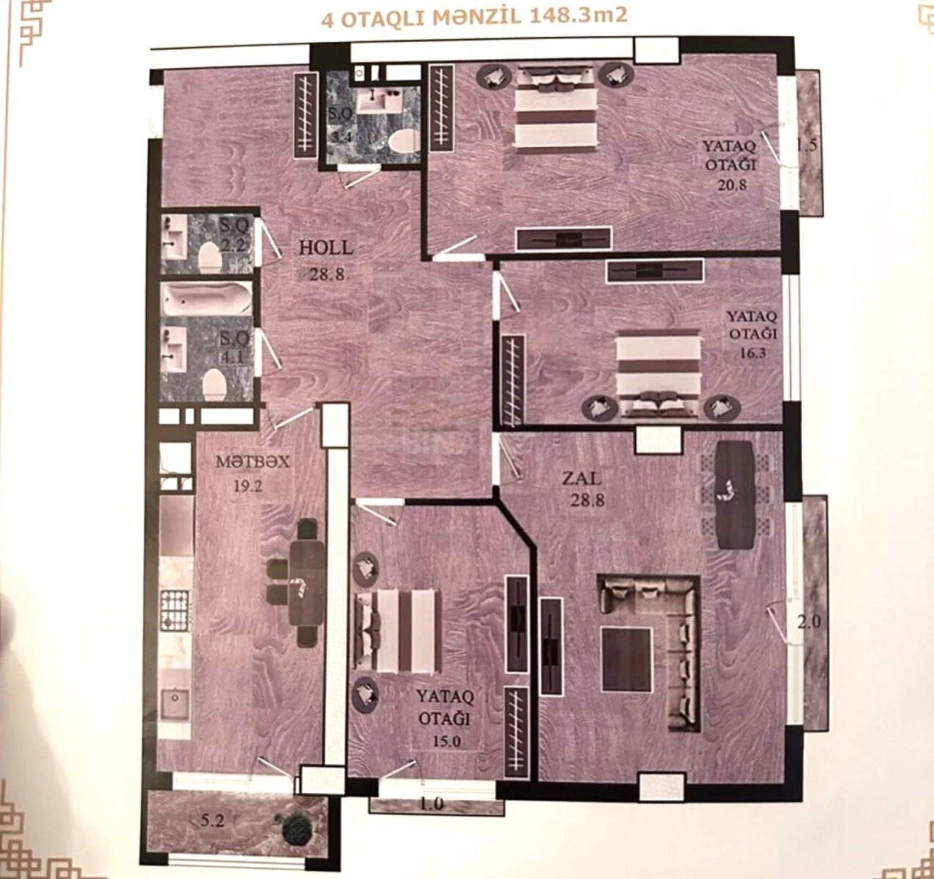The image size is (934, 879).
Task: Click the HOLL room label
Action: (x=326, y=248)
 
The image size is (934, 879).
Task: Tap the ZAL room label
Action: (x=581, y=478)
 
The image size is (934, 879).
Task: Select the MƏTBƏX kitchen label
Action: (x=252, y=461)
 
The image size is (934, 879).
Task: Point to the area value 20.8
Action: (x=732, y=185)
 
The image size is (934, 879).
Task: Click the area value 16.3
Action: (x=752, y=353)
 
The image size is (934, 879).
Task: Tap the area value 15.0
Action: (x=446, y=741)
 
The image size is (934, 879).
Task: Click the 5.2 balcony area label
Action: (x=212, y=821)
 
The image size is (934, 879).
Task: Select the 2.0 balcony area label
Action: (x=809, y=622)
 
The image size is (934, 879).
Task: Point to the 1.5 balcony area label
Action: (x=807, y=146)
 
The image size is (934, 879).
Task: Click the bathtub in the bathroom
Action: (x=207, y=299)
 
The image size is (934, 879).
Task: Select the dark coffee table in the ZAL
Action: (x=626, y=660)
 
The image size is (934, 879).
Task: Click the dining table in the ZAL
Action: (x=734, y=494)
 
